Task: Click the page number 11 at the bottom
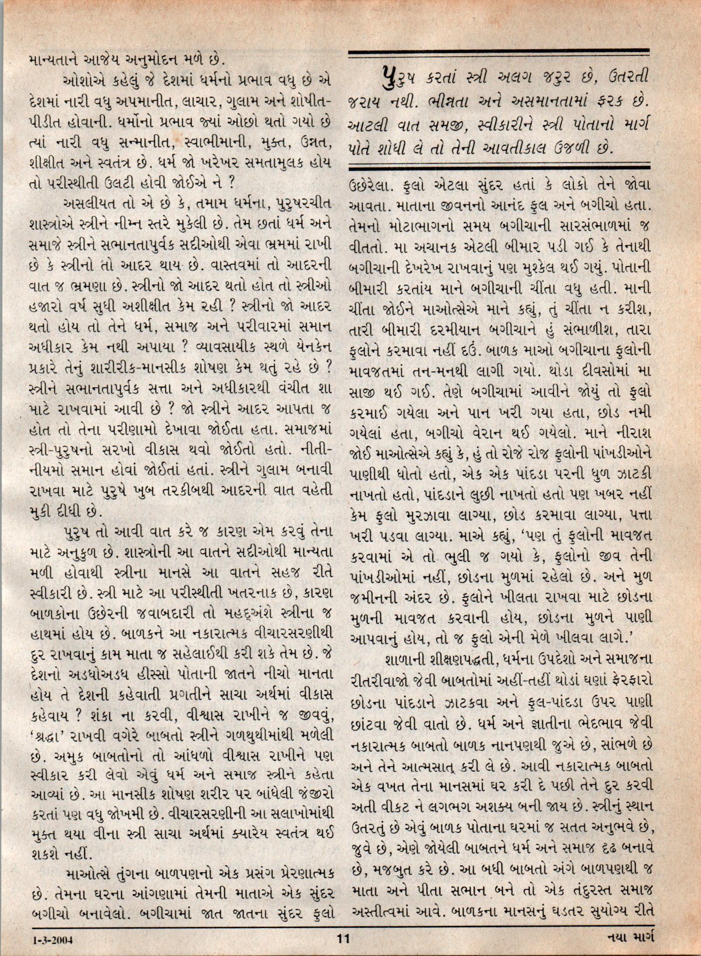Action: pos(344,935)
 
